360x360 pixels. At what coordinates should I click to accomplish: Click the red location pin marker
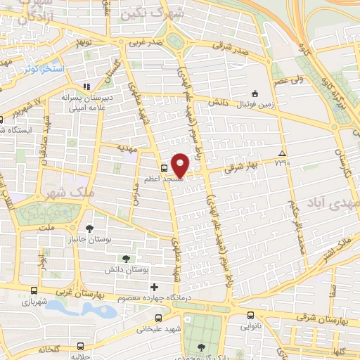click(181, 165)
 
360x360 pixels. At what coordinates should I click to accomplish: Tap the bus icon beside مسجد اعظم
click(164, 169)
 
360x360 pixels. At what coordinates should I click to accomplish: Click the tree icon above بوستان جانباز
click(89, 228)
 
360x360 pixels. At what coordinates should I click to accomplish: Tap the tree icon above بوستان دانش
click(126, 259)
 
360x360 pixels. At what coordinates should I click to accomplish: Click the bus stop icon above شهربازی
click(34, 290)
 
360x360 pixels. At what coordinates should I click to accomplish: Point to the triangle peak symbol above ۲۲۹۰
click(282, 153)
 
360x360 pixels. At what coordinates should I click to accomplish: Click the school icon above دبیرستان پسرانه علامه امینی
click(85, 87)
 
